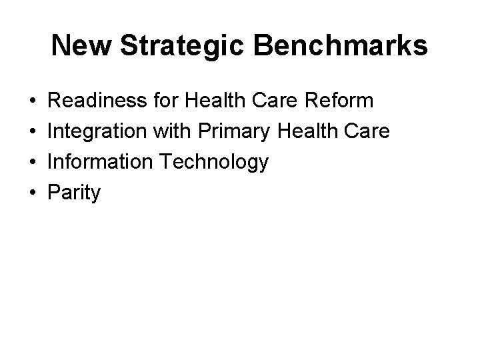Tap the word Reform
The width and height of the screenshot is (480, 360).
343,101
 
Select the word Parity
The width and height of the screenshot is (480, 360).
75,193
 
